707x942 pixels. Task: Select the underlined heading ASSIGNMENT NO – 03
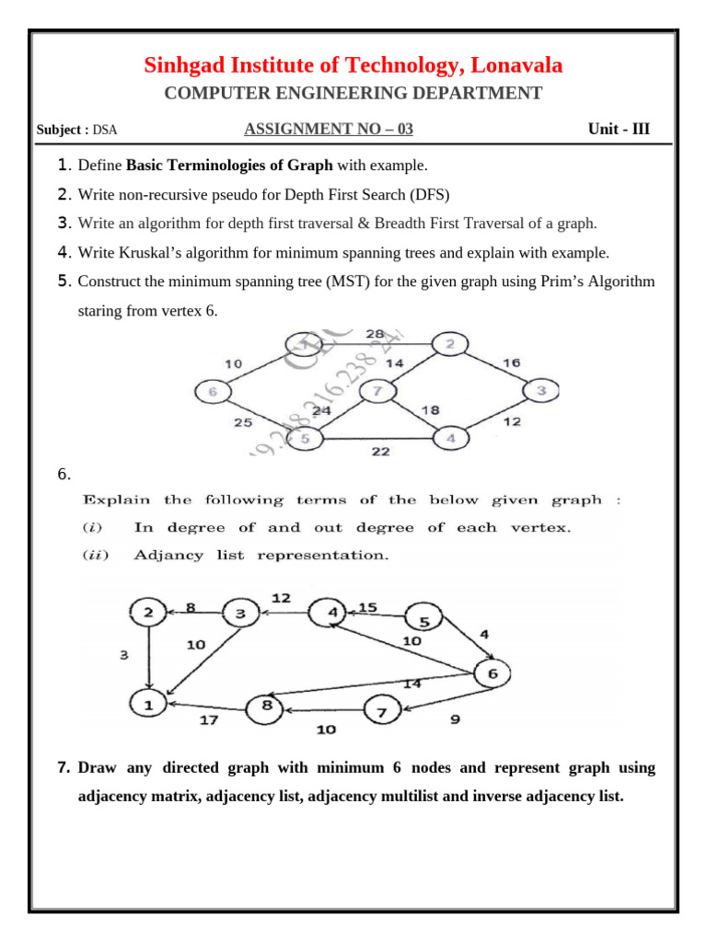(x=329, y=129)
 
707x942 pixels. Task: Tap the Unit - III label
(x=619, y=129)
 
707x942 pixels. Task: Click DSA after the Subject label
(x=105, y=130)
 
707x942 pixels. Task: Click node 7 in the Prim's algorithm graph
(x=376, y=393)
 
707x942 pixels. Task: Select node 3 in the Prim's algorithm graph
(x=541, y=391)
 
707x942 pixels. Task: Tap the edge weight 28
(x=375, y=333)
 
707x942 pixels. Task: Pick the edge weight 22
(x=381, y=451)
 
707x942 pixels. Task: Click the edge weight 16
(x=512, y=362)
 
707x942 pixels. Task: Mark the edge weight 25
(x=242, y=423)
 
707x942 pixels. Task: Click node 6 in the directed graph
(x=493, y=673)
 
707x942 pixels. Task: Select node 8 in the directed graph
(x=266, y=706)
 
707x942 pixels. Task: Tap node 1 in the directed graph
(x=147, y=705)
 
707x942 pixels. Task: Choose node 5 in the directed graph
(x=424, y=622)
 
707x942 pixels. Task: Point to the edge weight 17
(x=210, y=720)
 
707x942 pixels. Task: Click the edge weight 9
(x=455, y=720)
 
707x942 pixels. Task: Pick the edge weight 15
(x=368, y=607)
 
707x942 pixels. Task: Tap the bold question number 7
(x=64, y=767)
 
